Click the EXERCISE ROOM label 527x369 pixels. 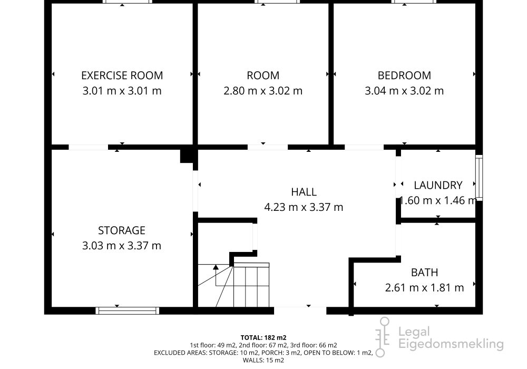click(x=122, y=75)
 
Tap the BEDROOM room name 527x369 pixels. click(x=404, y=75)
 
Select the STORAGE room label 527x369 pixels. click(x=122, y=230)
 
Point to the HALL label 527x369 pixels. click(x=304, y=192)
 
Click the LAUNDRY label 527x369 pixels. click(x=438, y=185)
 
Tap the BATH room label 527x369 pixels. click(x=424, y=272)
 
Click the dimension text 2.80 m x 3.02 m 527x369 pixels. click(x=263, y=91)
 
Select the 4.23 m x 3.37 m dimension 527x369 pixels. click(x=304, y=207)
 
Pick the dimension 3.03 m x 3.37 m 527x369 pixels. click(x=122, y=246)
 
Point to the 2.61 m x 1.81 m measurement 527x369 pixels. click(x=424, y=288)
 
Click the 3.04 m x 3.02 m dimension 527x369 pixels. click(x=404, y=91)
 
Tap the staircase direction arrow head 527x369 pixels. click(x=216, y=267)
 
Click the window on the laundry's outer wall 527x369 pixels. click(x=479, y=178)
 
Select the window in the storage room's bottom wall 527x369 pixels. click(x=128, y=310)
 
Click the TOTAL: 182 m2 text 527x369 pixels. click(x=263, y=337)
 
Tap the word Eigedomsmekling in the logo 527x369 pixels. click(x=451, y=344)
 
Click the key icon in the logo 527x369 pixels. click(x=383, y=337)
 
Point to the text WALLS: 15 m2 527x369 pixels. click(x=263, y=360)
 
